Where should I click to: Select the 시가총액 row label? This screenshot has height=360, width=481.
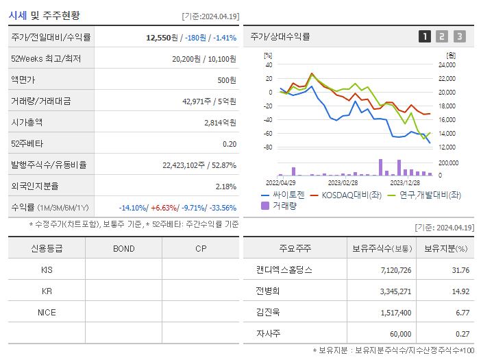click(27, 123)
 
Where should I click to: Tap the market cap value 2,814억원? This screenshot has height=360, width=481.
click(220, 123)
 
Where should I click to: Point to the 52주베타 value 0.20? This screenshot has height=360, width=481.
click(230, 144)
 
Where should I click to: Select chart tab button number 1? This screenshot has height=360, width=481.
click(425, 37)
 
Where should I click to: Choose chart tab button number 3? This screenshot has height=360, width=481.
click(459, 37)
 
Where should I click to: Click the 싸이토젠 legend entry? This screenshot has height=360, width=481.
click(282, 195)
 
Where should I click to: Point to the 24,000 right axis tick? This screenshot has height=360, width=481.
click(446, 65)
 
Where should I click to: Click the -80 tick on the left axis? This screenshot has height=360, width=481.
click(268, 147)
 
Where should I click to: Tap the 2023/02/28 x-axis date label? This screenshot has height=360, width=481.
click(343, 182)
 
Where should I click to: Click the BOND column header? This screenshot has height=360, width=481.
click(124, 248)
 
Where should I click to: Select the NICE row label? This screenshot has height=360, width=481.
click(47, 312)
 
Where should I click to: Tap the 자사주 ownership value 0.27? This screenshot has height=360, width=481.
click(463, 334)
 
